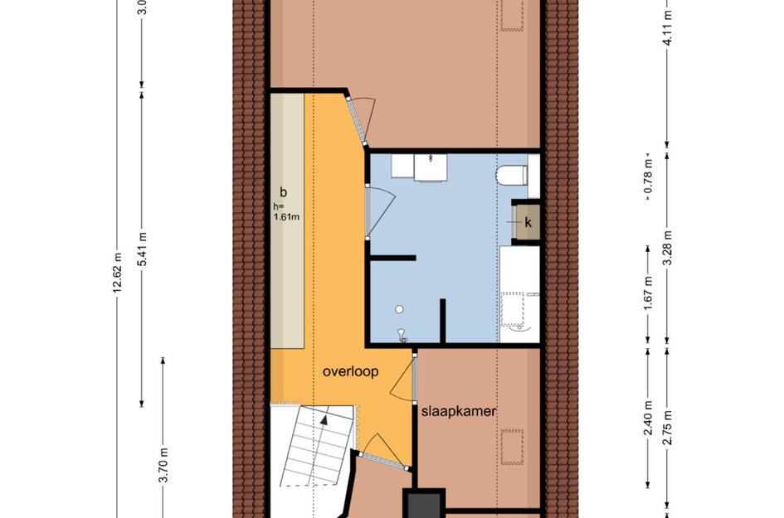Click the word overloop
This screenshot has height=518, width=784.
click(x=350, y=372)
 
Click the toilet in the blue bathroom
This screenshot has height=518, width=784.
click(x=513, y=177)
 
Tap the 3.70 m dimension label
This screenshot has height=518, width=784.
click(x=163, y=465)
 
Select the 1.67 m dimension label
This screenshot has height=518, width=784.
click(x=648, y=293)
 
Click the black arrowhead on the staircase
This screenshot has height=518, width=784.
click(x=325, y=420)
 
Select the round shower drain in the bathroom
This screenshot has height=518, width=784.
click(x=399, y=308)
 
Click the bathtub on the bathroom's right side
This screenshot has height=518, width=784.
click(x=519, y=294)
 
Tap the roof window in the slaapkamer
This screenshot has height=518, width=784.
click(x=514, y=448)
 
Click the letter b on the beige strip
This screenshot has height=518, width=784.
click(x=284, y=191)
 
